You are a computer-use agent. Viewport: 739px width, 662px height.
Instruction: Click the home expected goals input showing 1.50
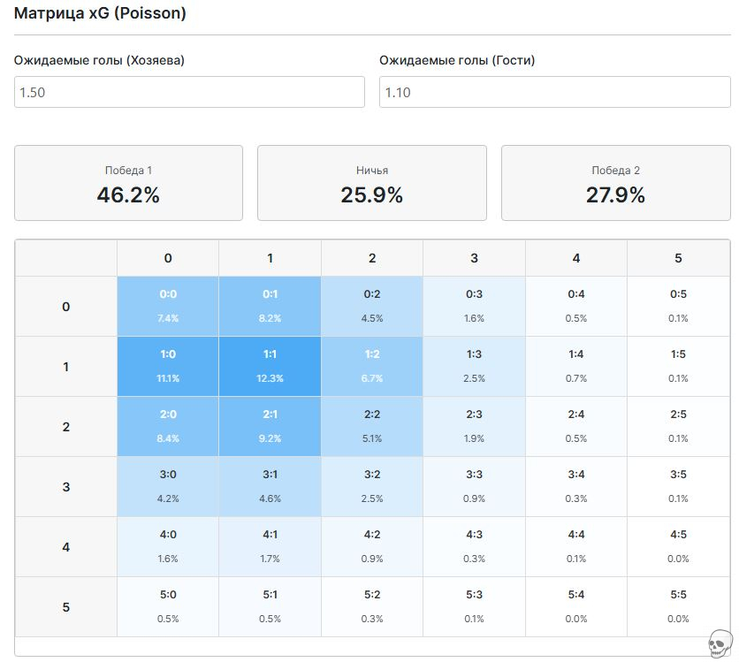189,92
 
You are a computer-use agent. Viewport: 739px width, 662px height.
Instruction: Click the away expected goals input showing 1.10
554,92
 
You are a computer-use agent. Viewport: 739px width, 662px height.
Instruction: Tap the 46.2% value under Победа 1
128,194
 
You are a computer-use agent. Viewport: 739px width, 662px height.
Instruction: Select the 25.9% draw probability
371,194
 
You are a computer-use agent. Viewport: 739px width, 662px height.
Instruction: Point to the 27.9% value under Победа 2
615,194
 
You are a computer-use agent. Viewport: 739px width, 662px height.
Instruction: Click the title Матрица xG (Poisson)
100,14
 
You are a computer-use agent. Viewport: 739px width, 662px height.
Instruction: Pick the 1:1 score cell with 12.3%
270,366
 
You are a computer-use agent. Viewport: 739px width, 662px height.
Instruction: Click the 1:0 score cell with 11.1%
168,366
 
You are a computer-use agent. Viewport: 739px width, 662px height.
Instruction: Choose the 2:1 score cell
270,426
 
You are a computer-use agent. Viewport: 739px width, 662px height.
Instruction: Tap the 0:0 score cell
168,306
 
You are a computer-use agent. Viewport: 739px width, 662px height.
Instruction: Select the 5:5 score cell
678,606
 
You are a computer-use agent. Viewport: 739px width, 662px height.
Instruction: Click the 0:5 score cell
678,306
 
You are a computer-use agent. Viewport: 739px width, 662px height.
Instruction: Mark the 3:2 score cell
372,486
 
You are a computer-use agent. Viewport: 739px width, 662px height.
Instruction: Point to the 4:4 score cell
576,546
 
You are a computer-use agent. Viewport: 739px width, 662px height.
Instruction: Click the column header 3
474,258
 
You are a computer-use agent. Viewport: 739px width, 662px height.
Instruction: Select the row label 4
65,547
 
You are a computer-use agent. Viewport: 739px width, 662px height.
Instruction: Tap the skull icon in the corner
721,643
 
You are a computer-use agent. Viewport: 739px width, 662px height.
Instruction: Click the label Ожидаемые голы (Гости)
457,61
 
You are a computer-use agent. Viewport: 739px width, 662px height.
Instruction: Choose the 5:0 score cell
168,606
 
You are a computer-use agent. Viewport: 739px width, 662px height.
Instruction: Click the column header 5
678,258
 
